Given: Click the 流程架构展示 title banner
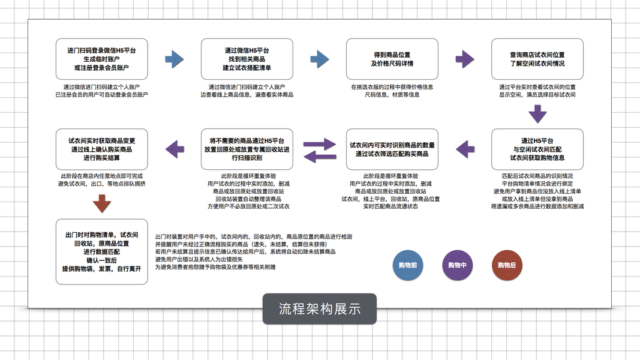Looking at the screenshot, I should (x=319, y=309).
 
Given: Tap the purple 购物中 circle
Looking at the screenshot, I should (x=456, y=265).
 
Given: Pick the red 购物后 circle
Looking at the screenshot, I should (x=507, y=265).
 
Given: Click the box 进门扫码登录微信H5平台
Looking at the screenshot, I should (x=101, y=59).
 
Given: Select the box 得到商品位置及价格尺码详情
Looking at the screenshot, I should (x=392, y=59).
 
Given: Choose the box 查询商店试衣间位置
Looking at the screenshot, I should (x=537, y=59).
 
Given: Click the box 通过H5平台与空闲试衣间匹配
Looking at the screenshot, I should (x=537, y=149).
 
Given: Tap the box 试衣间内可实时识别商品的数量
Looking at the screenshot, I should (x=392, y=149).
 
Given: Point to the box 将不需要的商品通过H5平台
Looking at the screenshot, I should (x=247, y=149).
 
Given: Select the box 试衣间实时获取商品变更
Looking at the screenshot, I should (x=101, y=149).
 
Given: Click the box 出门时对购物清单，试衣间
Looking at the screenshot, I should (x=101, y=252).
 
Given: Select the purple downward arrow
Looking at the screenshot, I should (x=537, y=112).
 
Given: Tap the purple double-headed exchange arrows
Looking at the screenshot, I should (x=319, y=150).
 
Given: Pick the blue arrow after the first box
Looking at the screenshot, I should (x=174, y=59).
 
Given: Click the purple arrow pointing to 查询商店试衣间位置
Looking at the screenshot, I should (x=465, y=59).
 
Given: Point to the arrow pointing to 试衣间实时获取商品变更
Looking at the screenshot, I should (x=174, y=149).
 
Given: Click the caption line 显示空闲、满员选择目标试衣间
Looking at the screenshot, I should (x=537, y=95).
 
